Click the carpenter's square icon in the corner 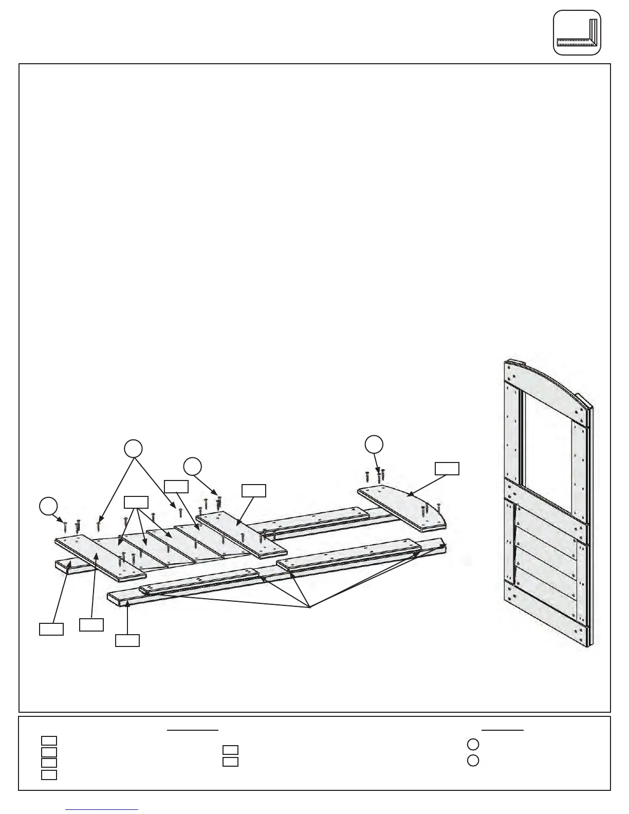(x=577, y=32)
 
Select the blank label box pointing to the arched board (x=447, y=468)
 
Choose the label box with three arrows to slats (x=136, y=502)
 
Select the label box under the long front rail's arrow (x=127, y=640)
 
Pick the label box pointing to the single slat (x=176, y=486)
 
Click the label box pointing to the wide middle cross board (x=254, y=490)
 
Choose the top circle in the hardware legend (x=473, y=744)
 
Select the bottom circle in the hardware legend (x=473, y=761)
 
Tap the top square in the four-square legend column (x=49, y=741)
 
